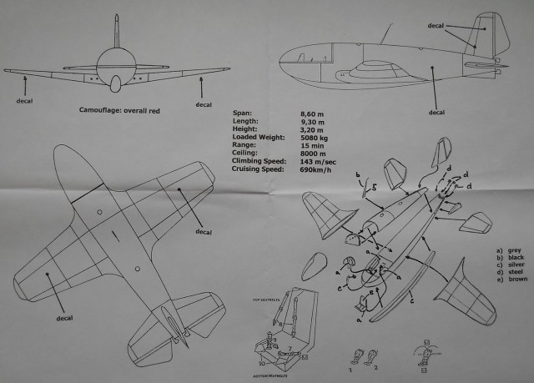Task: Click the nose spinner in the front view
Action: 115,83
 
